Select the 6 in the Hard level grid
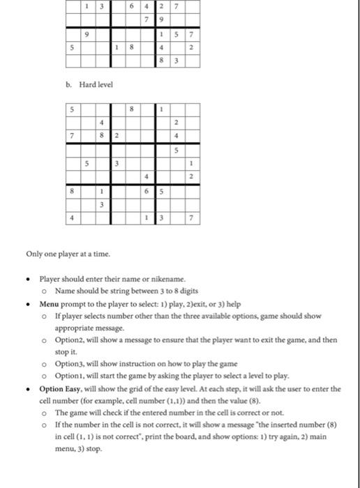click(x=145, y=190)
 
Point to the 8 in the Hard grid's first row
click(x=130, y=109)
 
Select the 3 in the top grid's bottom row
click(x=175, y=61)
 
